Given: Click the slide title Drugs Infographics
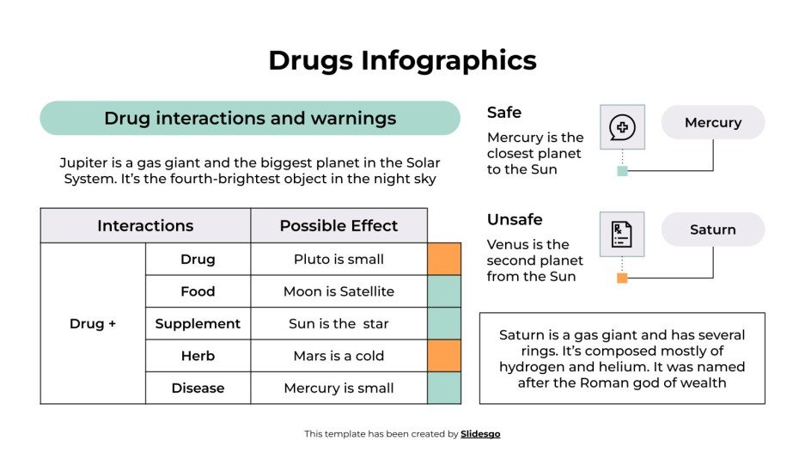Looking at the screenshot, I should coord(402,60).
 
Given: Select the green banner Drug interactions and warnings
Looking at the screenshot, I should coord(250,119).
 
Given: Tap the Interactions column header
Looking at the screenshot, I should coord(145,226).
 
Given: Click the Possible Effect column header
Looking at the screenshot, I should coord(338,226).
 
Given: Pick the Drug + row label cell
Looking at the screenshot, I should coord(93,324).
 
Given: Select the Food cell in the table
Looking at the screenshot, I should coord(198,291).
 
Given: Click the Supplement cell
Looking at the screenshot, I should coord(198,324).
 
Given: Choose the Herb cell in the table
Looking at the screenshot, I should coord(198,356).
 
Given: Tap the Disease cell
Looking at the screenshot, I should coord(198,389).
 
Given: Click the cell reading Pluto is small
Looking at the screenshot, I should coord(338,260).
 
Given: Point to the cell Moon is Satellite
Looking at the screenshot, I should coord(338,291).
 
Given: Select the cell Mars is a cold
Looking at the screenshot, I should coord(338,356).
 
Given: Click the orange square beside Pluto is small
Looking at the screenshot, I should coord(444,260).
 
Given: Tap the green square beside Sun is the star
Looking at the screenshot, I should coord(444,324).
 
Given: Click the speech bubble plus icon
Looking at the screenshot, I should coord(622,127).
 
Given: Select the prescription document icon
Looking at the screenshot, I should coord(622,234).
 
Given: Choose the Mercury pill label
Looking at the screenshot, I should coord(712,123).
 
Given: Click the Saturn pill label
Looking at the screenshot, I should coord(712,230).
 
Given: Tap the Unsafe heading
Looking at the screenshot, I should coord(515,219).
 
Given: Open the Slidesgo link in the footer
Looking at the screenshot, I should coord(480,434).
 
